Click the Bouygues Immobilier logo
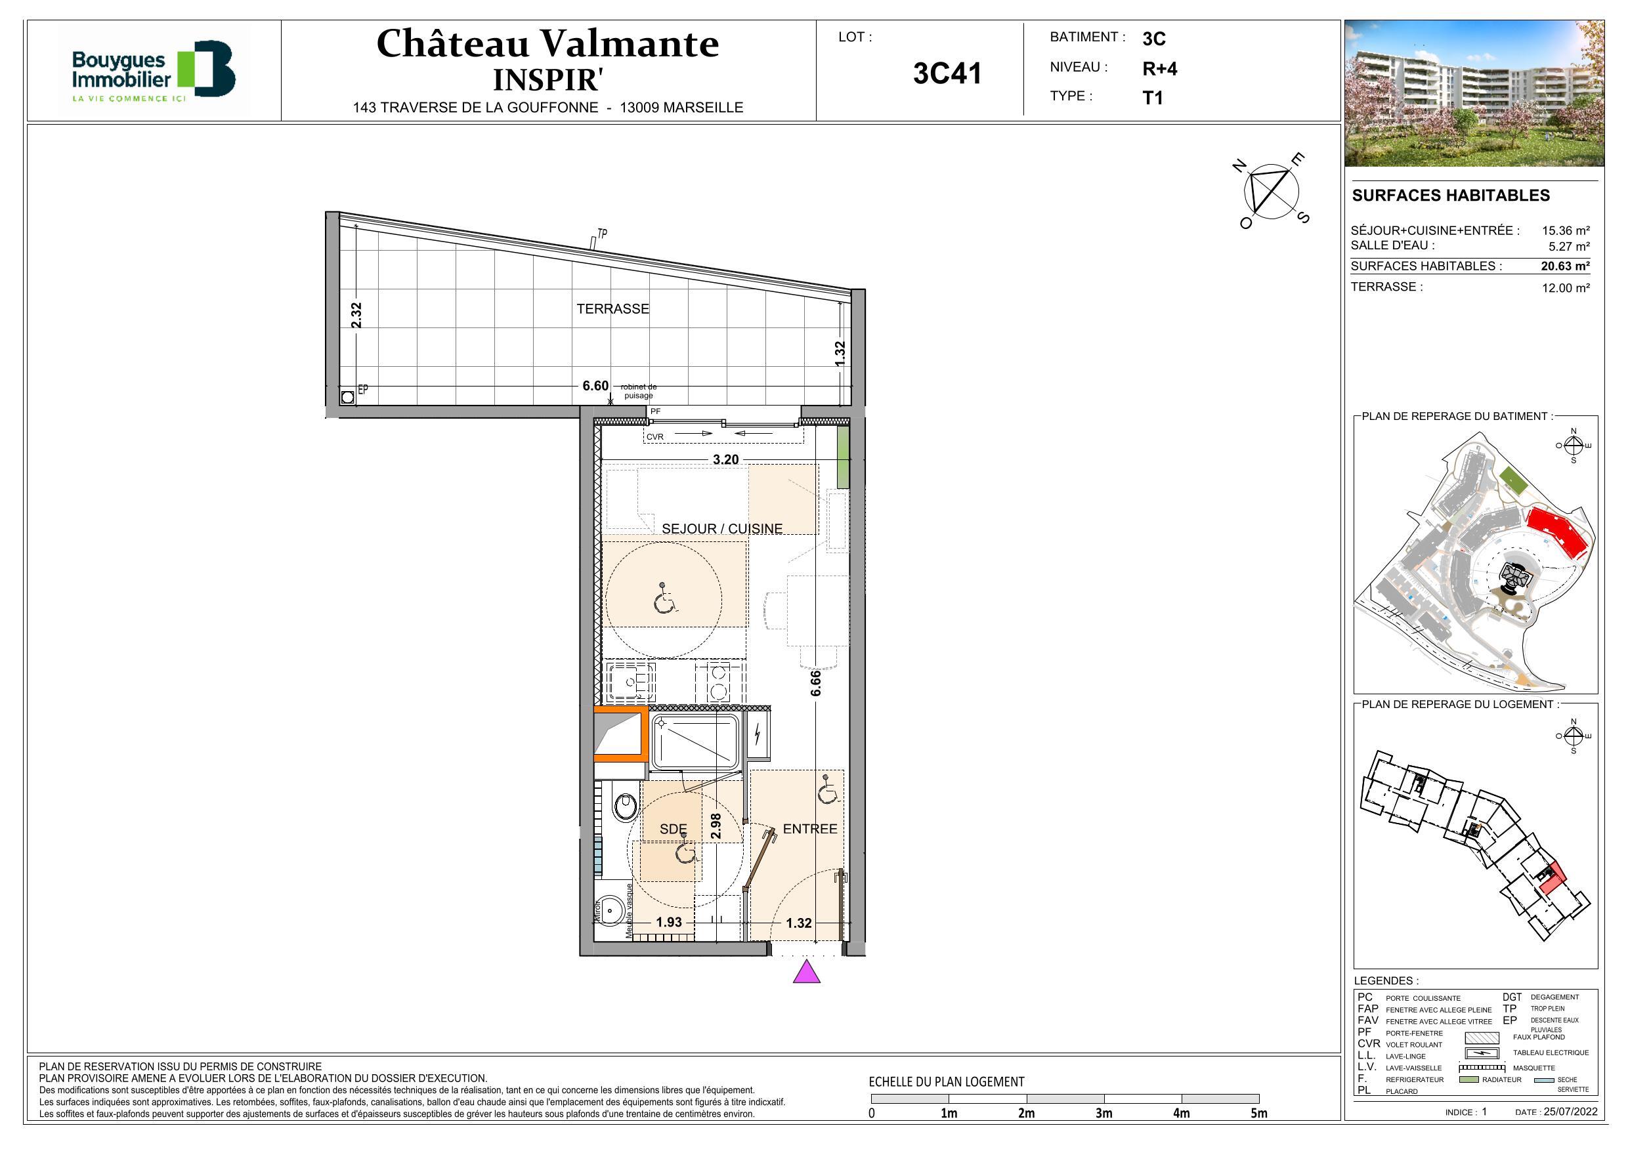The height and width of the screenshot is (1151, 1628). coord(153,70)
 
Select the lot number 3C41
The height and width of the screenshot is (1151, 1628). coord(947,73)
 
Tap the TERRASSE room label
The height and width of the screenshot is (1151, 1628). coord(612,309)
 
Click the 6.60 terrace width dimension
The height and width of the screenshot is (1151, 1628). coord(595,386)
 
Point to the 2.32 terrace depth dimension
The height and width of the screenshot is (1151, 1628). coord(356,316)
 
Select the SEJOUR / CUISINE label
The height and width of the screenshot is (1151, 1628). coord(722,529)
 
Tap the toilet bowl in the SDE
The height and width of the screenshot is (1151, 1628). coord(625,806)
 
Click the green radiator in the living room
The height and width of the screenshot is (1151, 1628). coord(842,457)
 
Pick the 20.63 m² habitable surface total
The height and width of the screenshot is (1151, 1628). coord(1565,266)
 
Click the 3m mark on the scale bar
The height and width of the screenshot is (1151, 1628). coord(1103,1113)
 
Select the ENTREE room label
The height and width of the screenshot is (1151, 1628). coord(810,829)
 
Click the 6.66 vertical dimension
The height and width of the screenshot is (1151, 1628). coord(816,682)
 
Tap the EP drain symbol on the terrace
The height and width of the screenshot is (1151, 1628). coord(347,397)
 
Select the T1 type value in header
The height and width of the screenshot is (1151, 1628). coord(1152,98)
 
